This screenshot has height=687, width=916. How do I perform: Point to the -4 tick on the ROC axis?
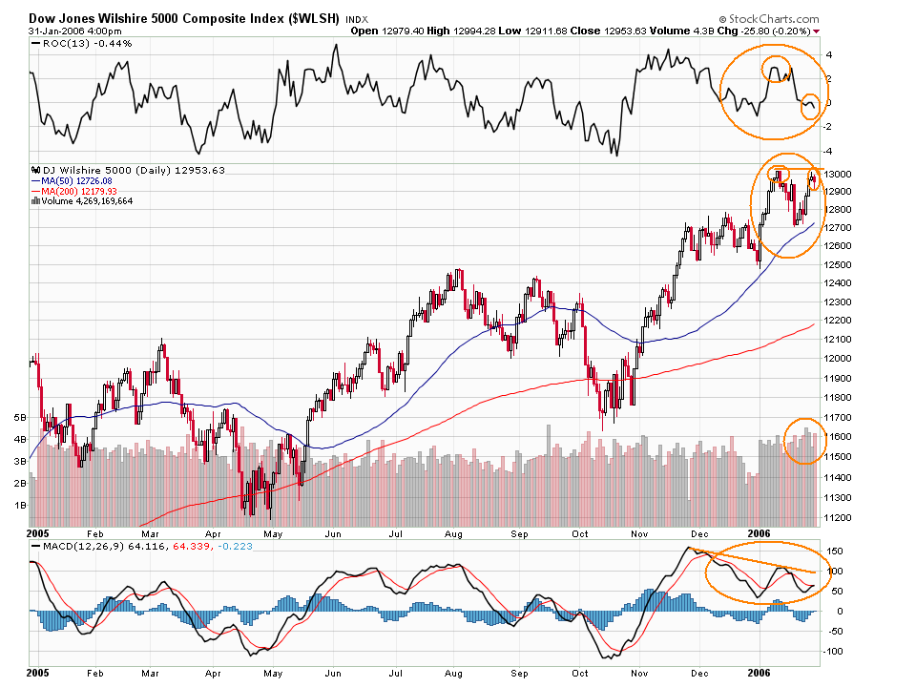pyautogui.click(x=829, y=151)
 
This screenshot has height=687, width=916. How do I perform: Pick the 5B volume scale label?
pyautogui.click(x=18, y=417)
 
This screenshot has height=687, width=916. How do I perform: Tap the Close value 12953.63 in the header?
pyautogui.click(x=610, y=31)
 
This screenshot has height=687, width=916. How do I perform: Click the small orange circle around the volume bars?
pyautogui.click(x=804, y=441)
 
